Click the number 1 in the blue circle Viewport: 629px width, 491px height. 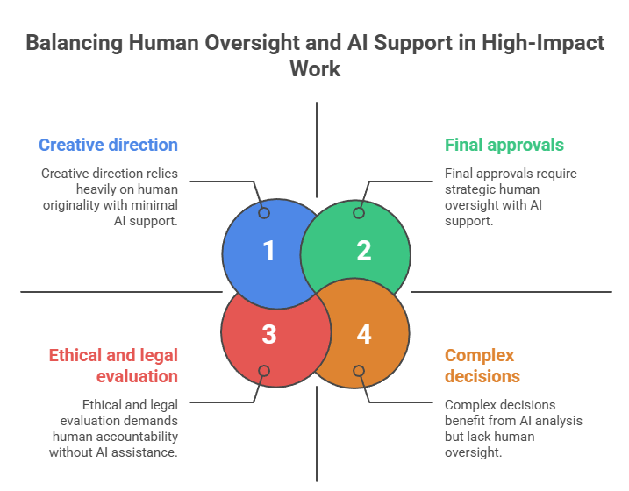268,251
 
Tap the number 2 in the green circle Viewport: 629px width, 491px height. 363,251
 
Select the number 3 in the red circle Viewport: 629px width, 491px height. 268,334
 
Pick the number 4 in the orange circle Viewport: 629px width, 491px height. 363,334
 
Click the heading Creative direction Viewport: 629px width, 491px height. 108,145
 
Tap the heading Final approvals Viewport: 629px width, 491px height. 504,145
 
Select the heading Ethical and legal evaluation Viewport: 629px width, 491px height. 113,366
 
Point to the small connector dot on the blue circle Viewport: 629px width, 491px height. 264,213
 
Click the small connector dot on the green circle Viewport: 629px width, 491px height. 358,213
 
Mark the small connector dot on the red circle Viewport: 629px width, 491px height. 264,371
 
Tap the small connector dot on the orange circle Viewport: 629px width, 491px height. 358,371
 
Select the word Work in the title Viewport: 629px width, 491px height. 315,68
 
